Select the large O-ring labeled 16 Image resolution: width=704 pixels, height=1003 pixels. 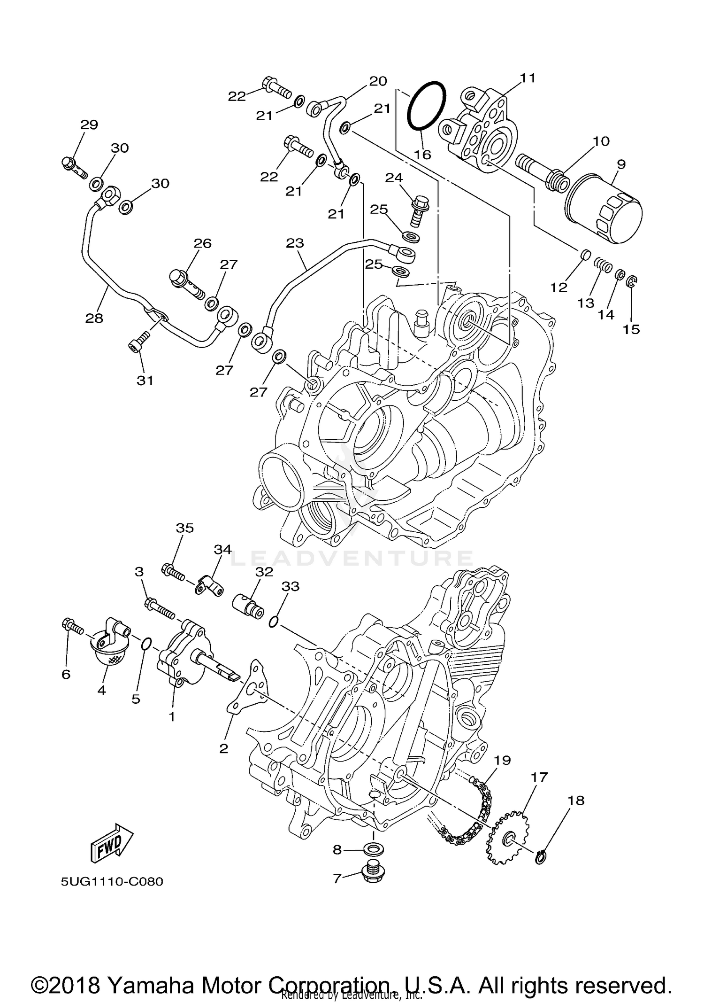(426, 107)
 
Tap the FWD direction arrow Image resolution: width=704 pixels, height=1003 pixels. (111, 843)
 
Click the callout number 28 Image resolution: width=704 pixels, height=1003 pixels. (94, 318)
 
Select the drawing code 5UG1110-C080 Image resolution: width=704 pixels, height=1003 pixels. (112, 881)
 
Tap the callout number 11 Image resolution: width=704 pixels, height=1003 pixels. (528, 78)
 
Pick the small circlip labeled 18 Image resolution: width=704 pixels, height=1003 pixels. (541, 858)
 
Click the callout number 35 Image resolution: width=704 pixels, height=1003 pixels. (184, 528)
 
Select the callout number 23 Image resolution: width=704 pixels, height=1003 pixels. (295, 243)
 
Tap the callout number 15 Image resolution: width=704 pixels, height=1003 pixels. (631, 329)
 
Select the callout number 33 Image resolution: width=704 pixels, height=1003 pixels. (290, 586)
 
